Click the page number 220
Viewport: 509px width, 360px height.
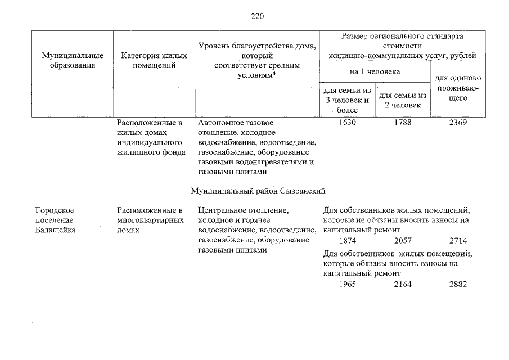[257, 16]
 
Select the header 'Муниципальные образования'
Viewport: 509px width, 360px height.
[73, 60]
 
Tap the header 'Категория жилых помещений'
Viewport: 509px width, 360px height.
[154, 60]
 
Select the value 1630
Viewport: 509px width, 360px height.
[348, 122]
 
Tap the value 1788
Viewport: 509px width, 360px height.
[403, 122]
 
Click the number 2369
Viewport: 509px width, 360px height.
[458, 122]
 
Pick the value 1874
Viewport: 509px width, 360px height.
[348, 241]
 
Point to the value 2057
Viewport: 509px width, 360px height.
[403, 241]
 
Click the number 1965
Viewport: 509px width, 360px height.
[348, 284]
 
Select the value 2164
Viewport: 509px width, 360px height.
[403, 284]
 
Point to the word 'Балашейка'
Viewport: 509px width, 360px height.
[55, 231]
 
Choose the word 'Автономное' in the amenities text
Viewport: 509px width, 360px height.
[220, 122]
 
